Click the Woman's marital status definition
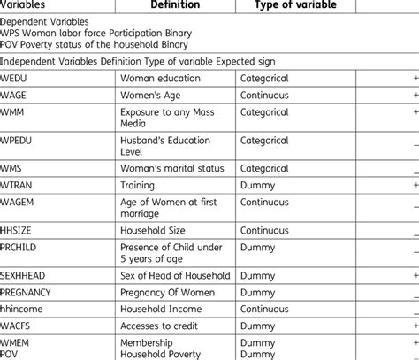[x=171, y=168]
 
